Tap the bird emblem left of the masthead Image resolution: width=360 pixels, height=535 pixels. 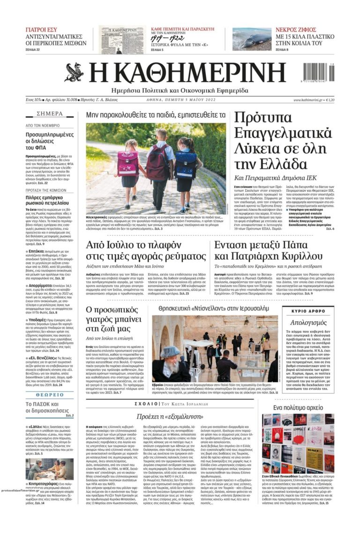[75, 72]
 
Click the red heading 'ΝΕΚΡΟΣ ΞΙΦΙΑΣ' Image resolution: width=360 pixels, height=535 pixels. [296, 30]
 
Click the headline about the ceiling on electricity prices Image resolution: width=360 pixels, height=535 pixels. [146, 250]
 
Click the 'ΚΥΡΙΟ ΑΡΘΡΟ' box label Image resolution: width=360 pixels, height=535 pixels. [308, 310]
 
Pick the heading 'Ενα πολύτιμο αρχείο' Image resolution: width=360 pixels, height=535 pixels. [298, 407]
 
